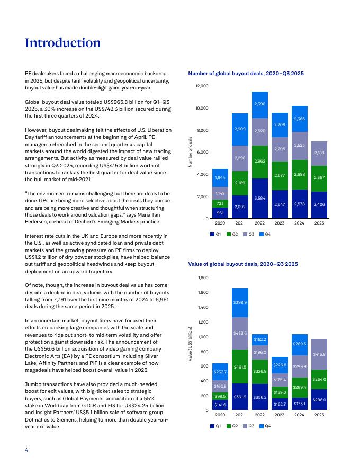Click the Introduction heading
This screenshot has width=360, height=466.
62,43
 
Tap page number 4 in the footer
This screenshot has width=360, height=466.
26,450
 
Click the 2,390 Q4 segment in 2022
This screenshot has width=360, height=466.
259,104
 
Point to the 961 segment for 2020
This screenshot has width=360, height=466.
220,213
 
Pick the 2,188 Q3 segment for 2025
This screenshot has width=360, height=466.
319,153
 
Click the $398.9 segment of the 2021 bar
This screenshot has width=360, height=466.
240,302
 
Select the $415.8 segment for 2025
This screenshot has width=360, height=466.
319,354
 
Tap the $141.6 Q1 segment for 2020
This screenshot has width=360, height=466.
220,405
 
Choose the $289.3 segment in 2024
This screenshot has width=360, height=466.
299,344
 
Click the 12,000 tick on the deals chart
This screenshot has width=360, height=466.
202,86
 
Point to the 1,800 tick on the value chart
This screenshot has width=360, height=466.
203,277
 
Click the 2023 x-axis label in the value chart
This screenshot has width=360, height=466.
280,416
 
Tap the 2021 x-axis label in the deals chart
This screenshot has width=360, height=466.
240,224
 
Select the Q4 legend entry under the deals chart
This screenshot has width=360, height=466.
265,234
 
